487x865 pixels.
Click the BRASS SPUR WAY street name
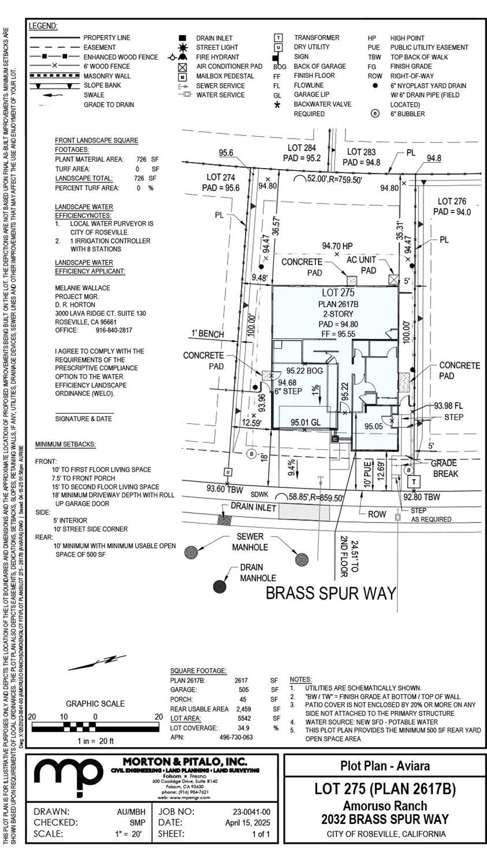[331, 593]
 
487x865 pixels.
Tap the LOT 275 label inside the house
[338, 293]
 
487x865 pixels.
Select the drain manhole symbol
[220, 587]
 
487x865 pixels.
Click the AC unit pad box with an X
[394, 280]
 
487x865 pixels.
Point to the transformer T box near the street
[414, 482]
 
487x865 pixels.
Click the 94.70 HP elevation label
[337, 246]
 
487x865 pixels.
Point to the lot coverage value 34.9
[243, 728]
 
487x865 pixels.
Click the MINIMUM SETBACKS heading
[65, 444]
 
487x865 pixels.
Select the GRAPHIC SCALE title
[95, 703]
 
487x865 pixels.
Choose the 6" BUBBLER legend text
[407, 114]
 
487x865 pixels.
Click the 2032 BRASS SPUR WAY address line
[385, 819]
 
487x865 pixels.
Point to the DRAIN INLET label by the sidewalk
[254, 506]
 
